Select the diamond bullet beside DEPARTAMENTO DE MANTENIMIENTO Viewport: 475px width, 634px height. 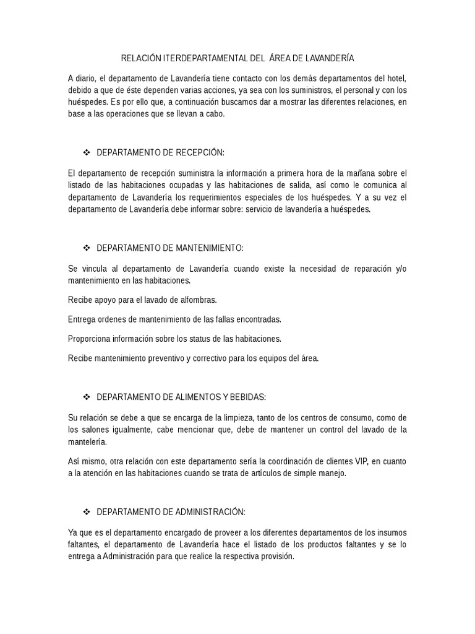pos(87,248)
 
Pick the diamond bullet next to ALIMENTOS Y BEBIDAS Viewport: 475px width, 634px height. pos(87,397)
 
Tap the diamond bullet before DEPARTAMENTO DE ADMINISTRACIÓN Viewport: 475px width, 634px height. pos(87,512)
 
